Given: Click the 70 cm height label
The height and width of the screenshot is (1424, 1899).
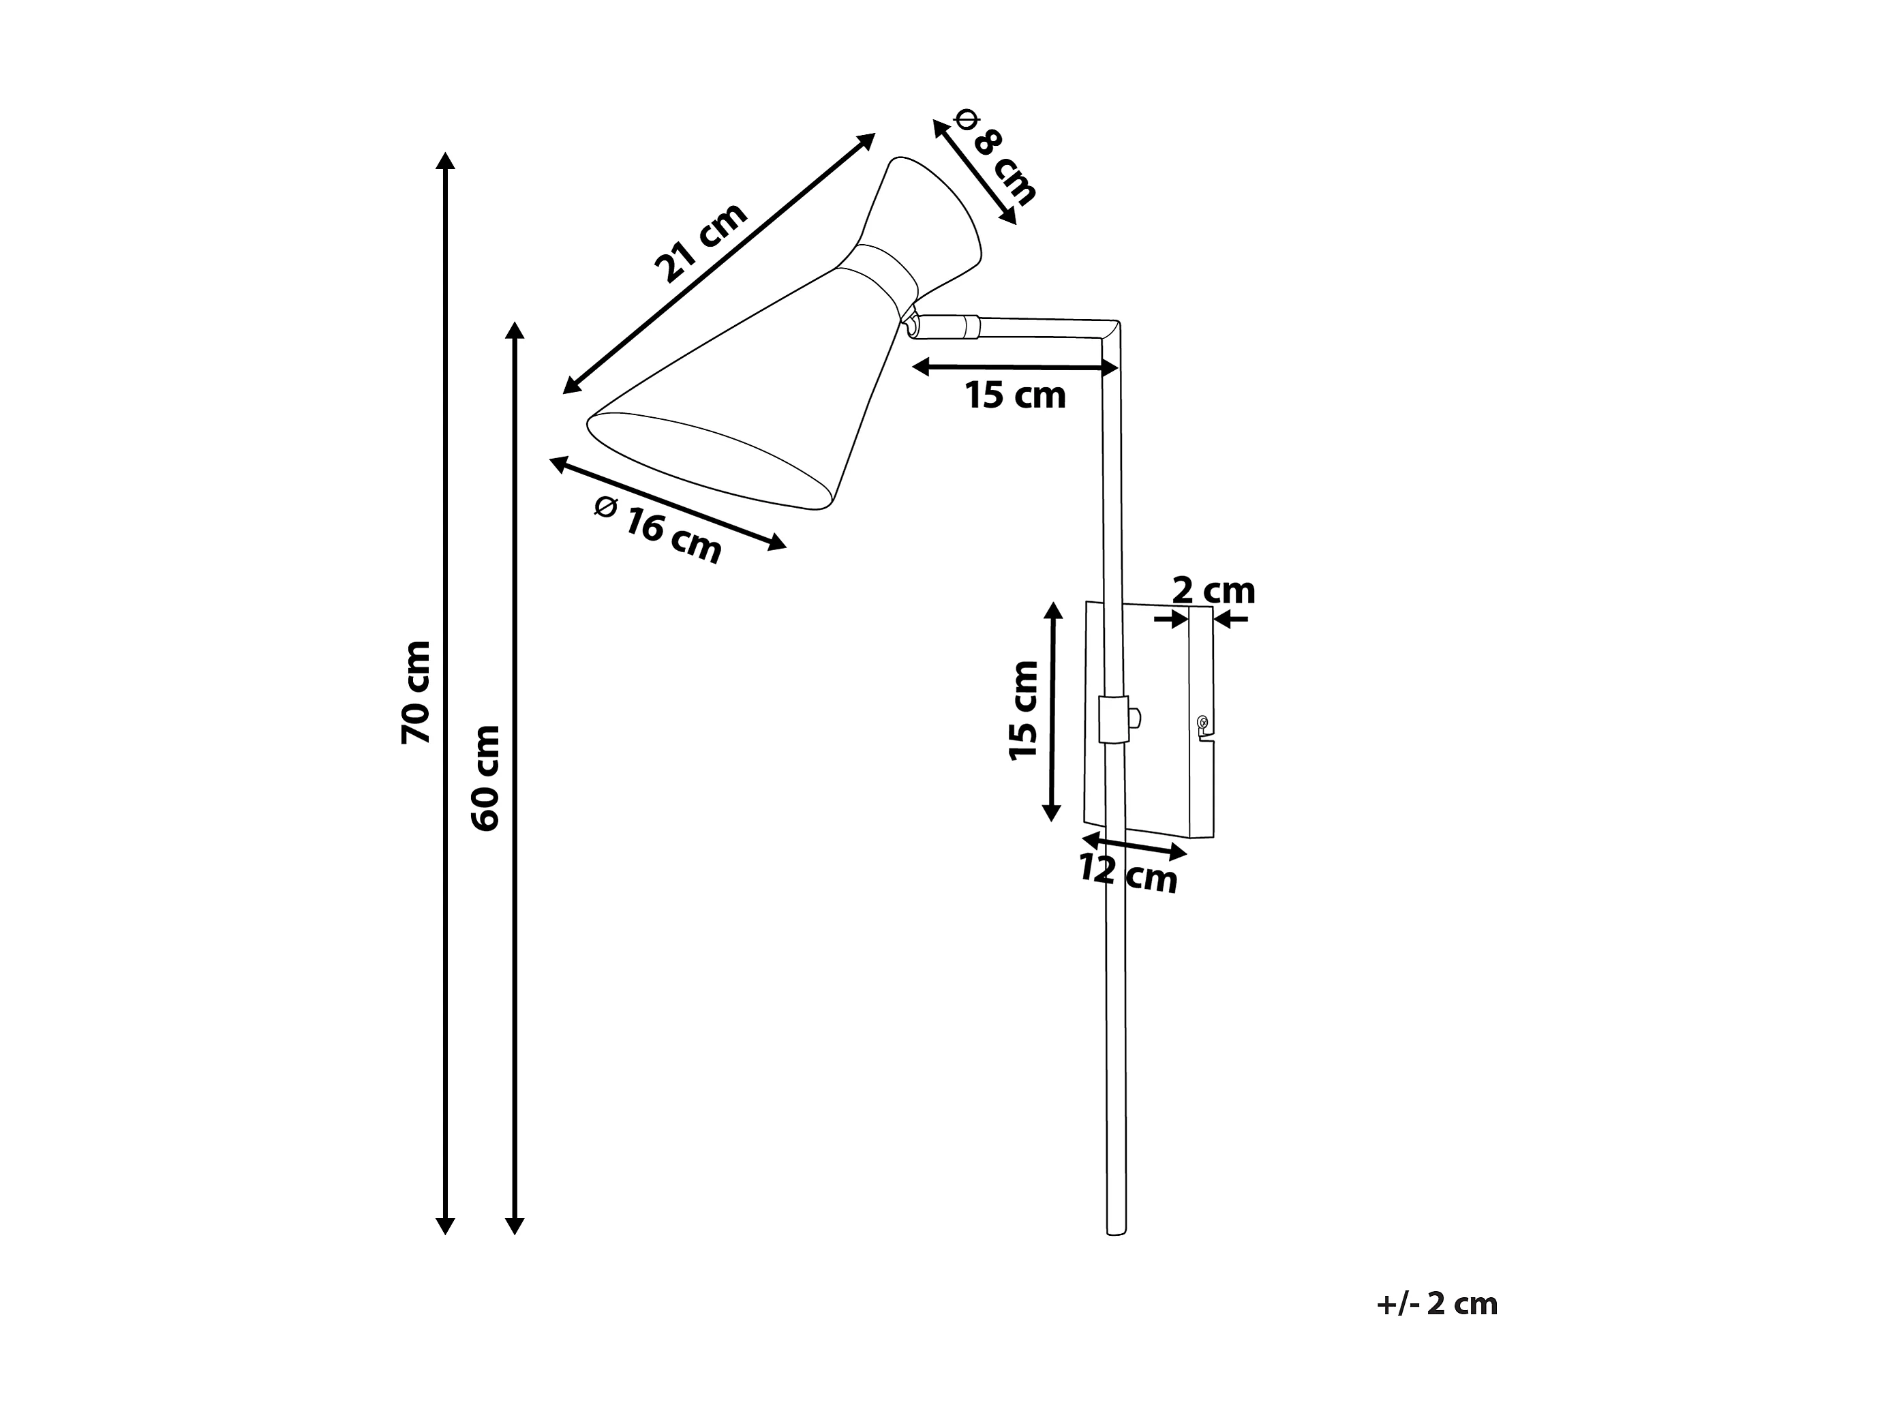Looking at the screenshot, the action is (416, 692).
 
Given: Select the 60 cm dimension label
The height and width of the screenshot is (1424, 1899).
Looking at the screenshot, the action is (486, 778).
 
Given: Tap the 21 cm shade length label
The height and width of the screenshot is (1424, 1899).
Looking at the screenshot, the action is (701, 242).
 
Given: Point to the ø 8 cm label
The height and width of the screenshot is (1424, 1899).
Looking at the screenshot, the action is (995, 157).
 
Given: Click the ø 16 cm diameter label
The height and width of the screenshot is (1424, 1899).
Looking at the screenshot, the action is (658, 531).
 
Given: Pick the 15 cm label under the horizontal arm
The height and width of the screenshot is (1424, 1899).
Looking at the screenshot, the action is (1016, 395).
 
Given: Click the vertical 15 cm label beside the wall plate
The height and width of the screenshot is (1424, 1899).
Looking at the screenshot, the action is (1024, 711).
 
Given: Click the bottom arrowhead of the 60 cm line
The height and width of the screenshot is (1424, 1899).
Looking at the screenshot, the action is (514, 1225).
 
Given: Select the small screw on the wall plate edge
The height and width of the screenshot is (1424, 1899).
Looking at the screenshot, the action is (1203, 722).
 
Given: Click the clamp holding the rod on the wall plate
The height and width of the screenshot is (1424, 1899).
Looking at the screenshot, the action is (1114, 719).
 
